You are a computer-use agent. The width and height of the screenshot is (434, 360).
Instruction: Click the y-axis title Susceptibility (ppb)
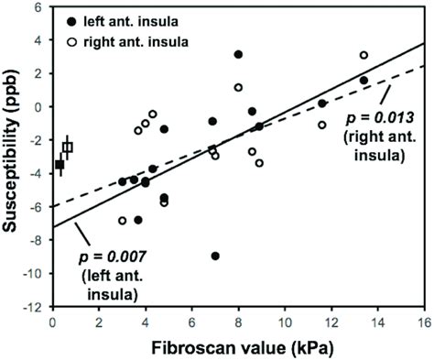click(x=13, y=156)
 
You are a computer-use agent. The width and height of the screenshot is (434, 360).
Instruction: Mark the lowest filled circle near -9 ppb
click(x=215, y=256)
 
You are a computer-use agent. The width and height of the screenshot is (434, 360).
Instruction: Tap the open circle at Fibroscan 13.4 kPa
click(x=363, y=55)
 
